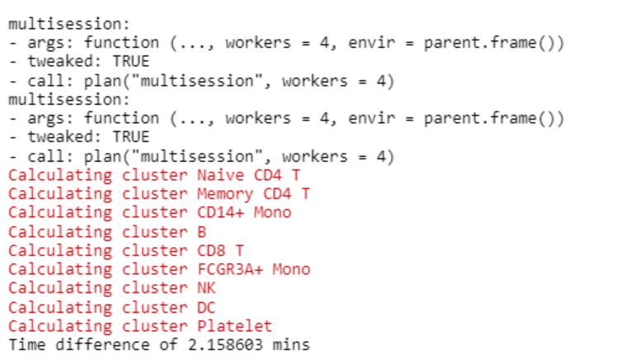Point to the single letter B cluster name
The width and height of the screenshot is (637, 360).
pyautogui.click(x=202, y=232)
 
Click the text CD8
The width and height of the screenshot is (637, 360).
pyautogui.click(x=211, y=250)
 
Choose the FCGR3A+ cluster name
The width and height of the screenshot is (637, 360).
pyautogui.click(x=230, y=269)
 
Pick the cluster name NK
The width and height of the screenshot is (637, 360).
pyautogui.click(x=207, y=288)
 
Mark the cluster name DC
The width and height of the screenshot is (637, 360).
pyautogui.click(x=207, y=307)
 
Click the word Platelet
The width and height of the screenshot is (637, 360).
pyautogui.click(x=235, y=326)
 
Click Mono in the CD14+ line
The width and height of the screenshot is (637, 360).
pyautogui.click(x=272, y=213)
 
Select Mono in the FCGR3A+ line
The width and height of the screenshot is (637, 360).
pyautogui.click(x=291, y=269)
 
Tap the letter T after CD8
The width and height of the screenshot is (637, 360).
pyautogui.click(x=239, y=250)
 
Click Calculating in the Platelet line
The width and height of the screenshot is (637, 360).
pyautogui.click(x=59, y=326)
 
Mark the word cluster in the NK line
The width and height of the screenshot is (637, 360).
pyautogui.click(x=154, y=288)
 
